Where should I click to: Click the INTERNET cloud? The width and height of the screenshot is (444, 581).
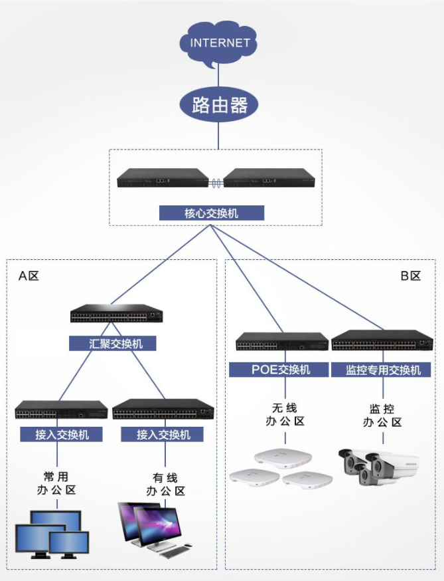pyautogui.click(x=218, y=43)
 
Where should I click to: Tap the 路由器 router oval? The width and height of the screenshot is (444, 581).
pyautogui.click(x=218, y=105)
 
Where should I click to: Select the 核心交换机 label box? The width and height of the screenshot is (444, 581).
pyautogui.click(x=212, y=213)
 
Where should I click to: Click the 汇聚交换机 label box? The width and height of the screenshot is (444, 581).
pyautogui.click(x=112, y=344)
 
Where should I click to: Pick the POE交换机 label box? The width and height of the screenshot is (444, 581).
pyautogui.click(x=279, y=370)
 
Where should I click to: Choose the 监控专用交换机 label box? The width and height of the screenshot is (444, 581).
pyautogui.click(x=381, y=370)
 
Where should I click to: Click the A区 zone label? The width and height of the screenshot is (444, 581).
pyautogui.click(x=29, y=276)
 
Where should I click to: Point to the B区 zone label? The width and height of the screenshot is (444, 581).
pyautogui.click(x=411, y=276)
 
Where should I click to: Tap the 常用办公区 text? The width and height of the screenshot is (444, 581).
pyautogui.click(x=56, y=483)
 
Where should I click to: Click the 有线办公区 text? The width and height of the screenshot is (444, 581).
pyautogui.click(x=165, y=485)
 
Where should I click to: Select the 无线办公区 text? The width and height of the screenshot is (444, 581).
pyautogui.click(x=285, y=415)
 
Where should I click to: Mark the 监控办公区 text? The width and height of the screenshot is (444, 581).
pyautogui.click(x=382, y=415)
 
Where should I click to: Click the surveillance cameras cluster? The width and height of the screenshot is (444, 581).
pyautogui.click(x=379, y=467)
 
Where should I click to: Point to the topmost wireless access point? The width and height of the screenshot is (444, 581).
pyautogui.click(x=283, y=458)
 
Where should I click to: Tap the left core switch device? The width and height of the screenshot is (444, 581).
pyautogui.click(x=163, y=178)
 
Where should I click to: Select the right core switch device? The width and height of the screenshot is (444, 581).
pyautogui.click(x=269, y=178)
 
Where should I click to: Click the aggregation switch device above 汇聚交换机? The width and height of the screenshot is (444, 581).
pyautogui.click(x=117, y=313)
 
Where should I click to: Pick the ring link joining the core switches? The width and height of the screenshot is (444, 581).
pyautogui.click(x=216, y=183)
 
